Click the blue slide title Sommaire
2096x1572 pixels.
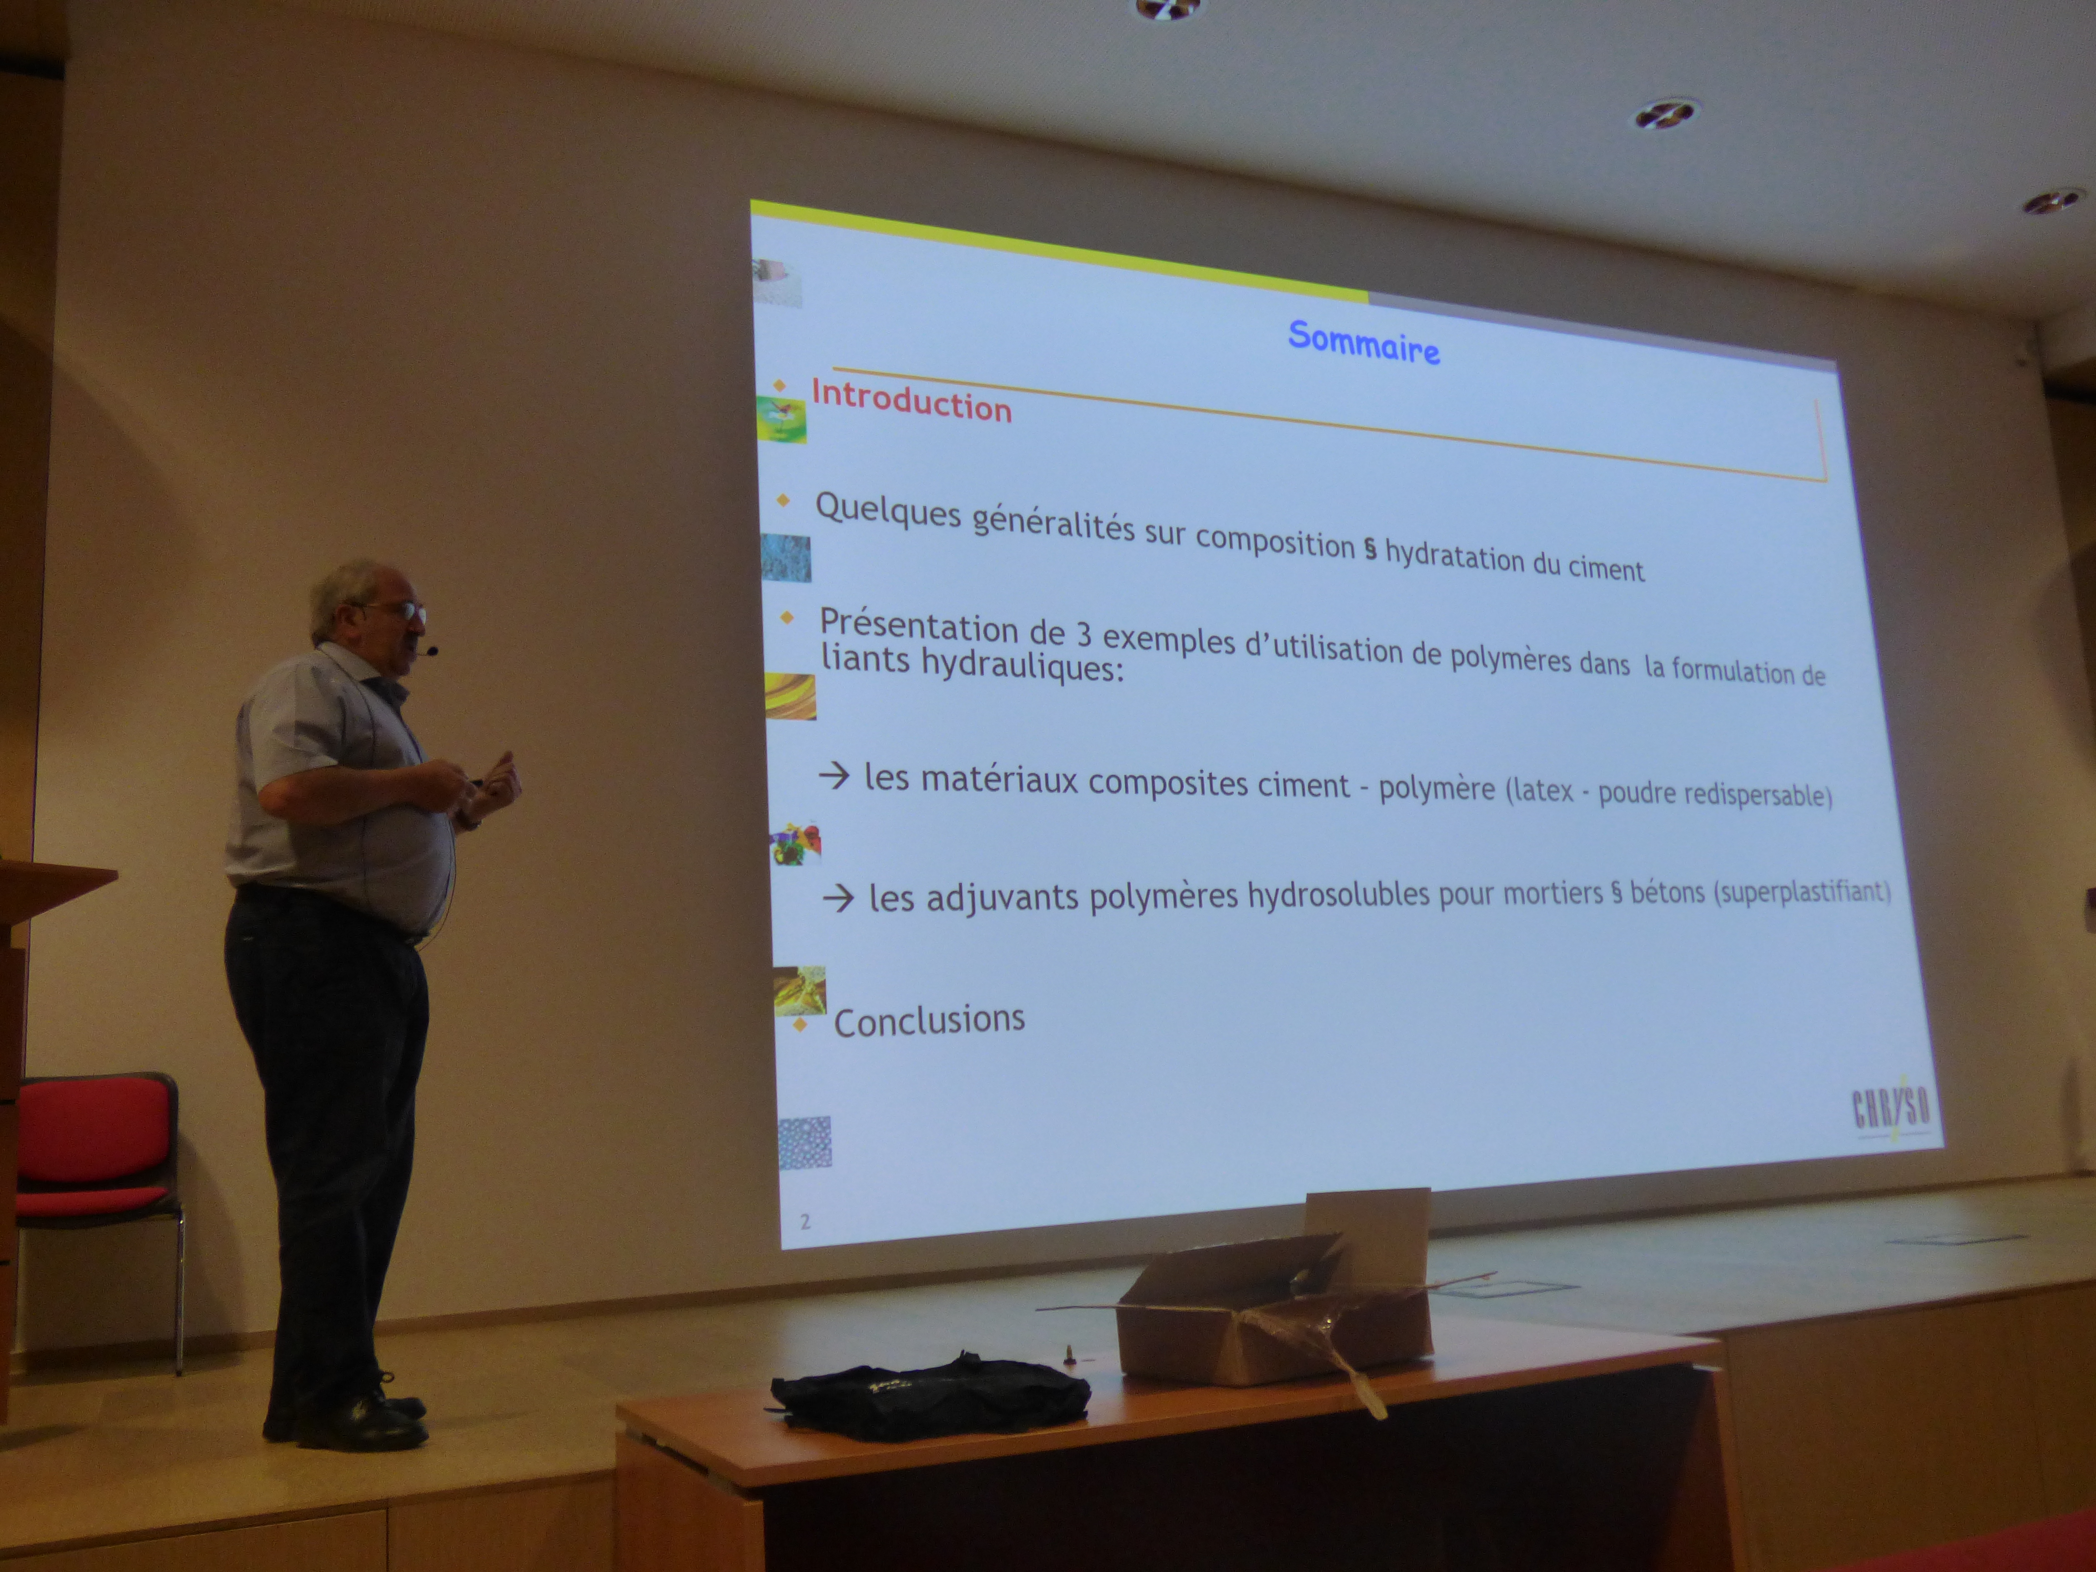[1364, 342]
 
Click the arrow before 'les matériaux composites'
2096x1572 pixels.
[834, 777]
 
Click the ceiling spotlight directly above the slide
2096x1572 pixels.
[1167, 9]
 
